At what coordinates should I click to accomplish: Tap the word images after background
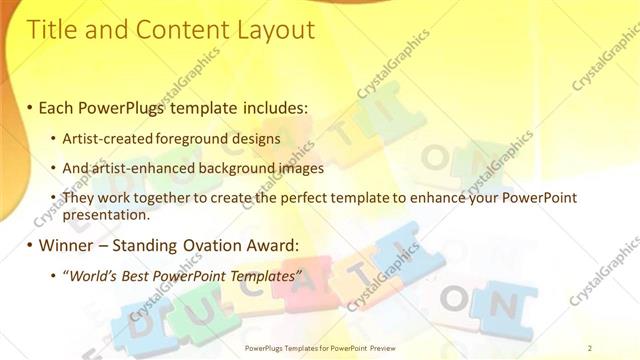[297, 169]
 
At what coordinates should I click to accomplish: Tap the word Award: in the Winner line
[277, 246]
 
